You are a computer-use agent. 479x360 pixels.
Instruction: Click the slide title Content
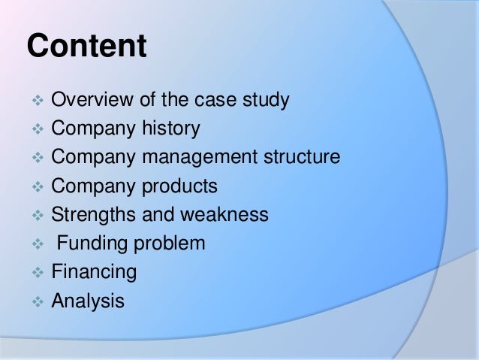(x=86, y=47)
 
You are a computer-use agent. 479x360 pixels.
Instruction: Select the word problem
(x=173, y=244)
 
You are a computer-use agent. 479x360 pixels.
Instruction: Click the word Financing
(x=94, y=273)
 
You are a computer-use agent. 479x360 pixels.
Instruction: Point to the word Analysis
(x=88, y=301)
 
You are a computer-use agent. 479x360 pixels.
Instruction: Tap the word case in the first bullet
(x=220, y=101)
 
